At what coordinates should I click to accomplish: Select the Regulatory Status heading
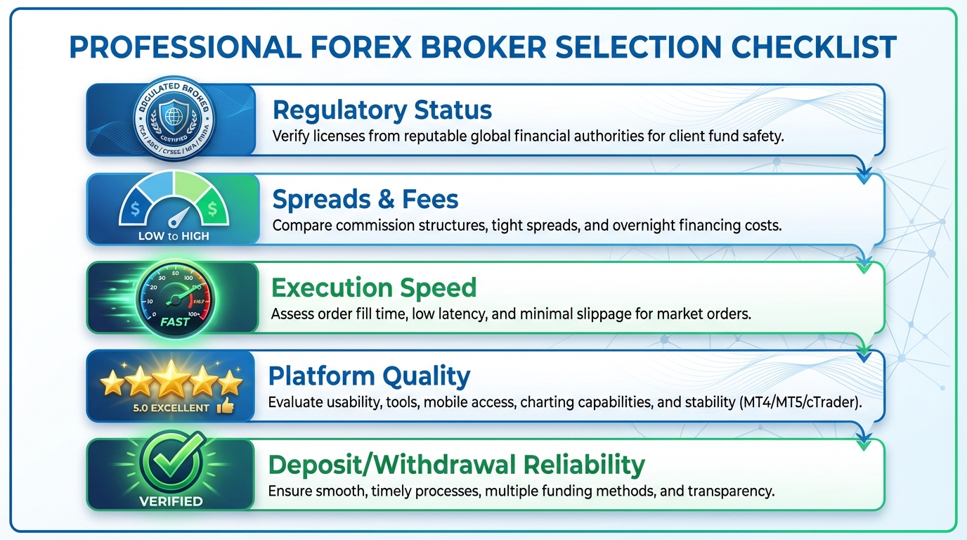coord(382,110)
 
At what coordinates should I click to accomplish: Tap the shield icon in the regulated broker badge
coord(172,114)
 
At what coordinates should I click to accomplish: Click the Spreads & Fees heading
coord(365,200)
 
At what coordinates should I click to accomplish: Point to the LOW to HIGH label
coord(173,236)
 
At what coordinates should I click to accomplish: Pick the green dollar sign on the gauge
coord(212,208)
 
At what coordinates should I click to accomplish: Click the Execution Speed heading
coord(373,288)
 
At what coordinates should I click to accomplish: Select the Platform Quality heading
coord(368,376)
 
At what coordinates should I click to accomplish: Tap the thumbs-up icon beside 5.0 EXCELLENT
coord(225,406)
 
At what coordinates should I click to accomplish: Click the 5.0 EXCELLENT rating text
coord(171,408)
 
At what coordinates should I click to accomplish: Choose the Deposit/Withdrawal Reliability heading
coord(456,465)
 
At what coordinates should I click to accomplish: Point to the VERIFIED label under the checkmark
coord(171,501)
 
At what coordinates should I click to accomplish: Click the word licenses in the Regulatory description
coord(334,136)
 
